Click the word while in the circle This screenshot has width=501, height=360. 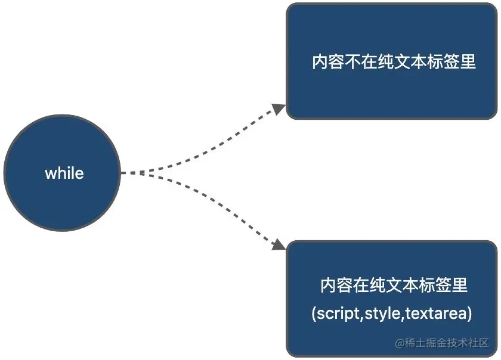[64, 173]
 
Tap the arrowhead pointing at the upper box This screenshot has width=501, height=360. [279, 108]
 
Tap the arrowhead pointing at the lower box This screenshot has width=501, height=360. [279, 244]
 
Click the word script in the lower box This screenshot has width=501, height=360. [338, 314]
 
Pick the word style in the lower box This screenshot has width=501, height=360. [382, 314]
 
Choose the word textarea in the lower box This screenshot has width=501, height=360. [435, 314]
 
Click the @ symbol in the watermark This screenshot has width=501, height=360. [400, 343]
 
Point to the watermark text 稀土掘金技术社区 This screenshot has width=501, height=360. [447, 343]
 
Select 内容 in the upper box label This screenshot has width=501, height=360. [328, 61]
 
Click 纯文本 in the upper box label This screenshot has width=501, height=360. [402, 61]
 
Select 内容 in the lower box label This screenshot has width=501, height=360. [336, 285]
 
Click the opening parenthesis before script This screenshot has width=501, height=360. [314, 314]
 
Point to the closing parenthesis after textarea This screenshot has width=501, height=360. [469, 314]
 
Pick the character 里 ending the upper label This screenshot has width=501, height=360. [468, 61]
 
